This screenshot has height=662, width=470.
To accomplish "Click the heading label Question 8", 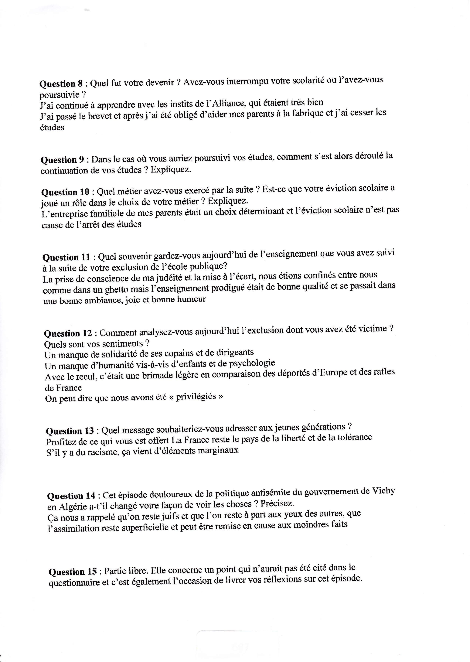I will pyautogui.click(x=61, y=84).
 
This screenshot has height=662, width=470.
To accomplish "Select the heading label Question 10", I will pyautogui.click(x=66, y=192).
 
